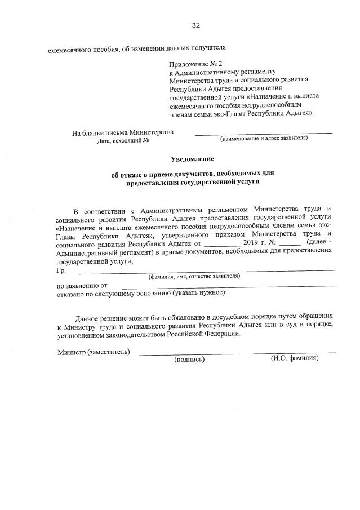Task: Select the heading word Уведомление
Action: pos(193,160)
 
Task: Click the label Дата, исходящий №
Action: pos(122,140)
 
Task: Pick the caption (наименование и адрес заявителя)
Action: pos(264,138)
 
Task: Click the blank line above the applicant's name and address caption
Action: pos(264,133)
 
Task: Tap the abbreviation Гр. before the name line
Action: pos(62,270)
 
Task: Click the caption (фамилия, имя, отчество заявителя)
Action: pos(194,276)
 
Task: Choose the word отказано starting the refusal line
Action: pos(72,294)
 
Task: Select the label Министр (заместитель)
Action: pos(94,352)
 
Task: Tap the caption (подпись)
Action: pos(189,359)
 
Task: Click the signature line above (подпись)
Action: pos(189,354)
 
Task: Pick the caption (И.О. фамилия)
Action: pos(295,358)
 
